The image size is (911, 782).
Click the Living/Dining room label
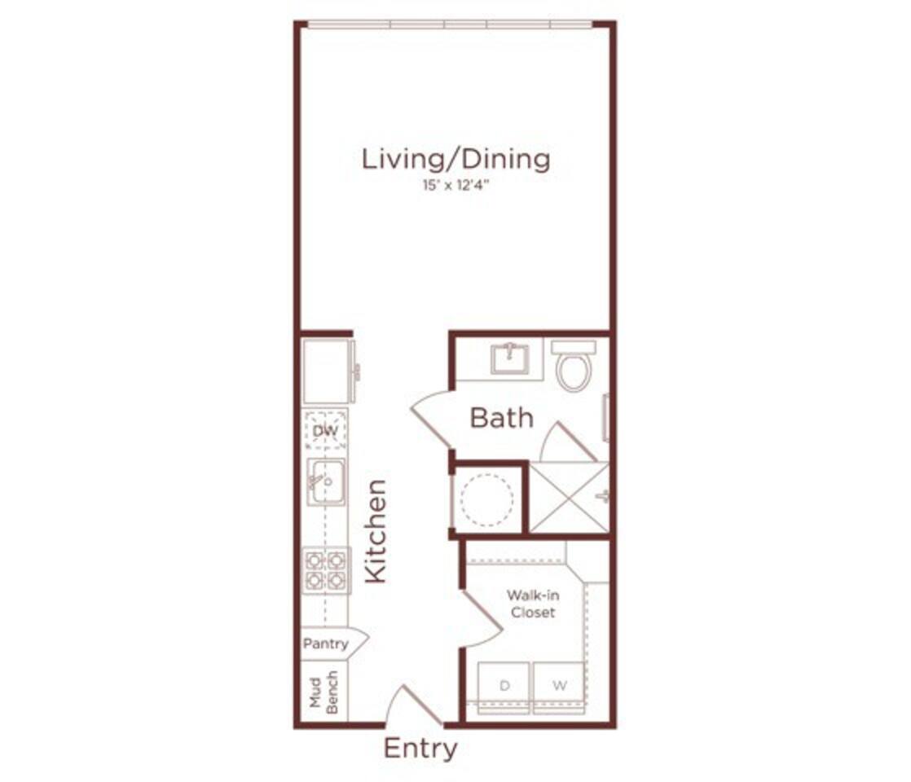(455, 158)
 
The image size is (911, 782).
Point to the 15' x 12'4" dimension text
(455, 186)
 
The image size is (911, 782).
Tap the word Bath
(502, 419)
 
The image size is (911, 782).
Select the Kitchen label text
(375, 531)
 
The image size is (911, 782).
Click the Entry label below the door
(420, 748)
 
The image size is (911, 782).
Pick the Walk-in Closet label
(533, 603)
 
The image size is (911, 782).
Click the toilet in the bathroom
(574, 367)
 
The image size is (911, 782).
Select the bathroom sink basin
(510, 358)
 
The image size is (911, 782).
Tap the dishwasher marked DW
(325, 429)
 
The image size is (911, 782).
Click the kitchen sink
(326, 481)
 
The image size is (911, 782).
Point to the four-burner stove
(325, 569)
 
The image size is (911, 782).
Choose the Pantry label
(326, 644)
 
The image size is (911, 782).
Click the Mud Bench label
(323, 692)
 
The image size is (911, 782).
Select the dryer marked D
(504, 686)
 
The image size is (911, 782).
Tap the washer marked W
(559, 686)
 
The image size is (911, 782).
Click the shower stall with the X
(569, 498)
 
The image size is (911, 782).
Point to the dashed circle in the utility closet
(486, 499)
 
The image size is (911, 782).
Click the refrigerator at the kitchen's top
(327, 371)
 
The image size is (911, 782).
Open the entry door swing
(412, 705)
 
